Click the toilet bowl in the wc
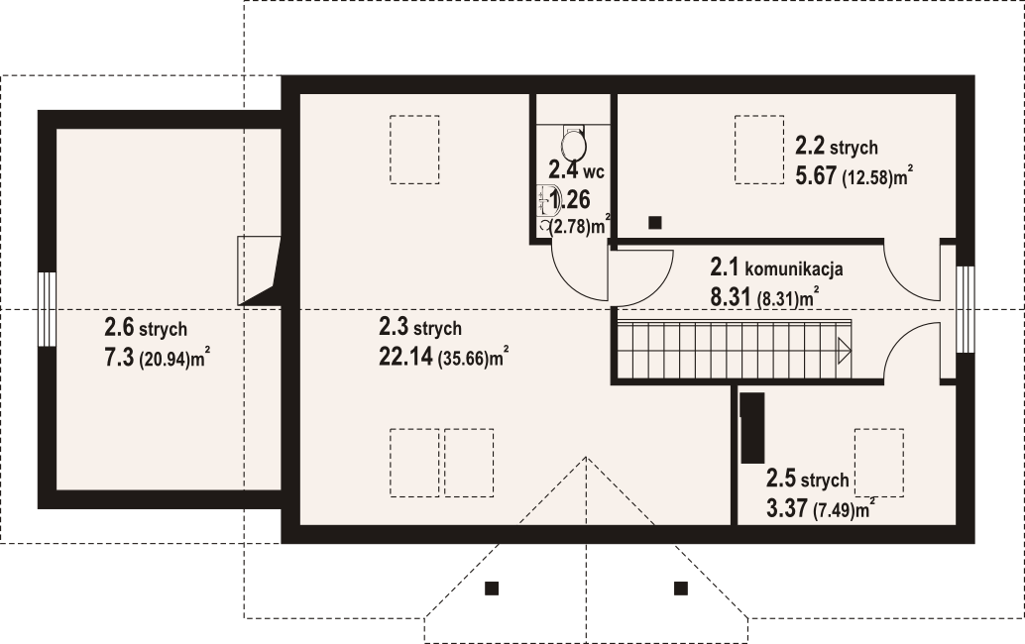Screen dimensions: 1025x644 coord(573,141)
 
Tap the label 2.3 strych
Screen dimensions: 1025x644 coord(420,326)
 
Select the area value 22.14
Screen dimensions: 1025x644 coord(405,357)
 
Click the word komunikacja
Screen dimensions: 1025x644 coord(794,268)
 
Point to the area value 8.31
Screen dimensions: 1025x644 coord(731,297)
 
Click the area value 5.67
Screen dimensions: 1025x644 coord(815,175)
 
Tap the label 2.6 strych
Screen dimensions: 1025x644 coord(146,327)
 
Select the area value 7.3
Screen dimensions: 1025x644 coord(119,358)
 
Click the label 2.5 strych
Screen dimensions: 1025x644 coord(807,480)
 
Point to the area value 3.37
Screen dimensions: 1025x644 coord(786,508)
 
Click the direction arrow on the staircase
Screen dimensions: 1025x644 coord(844,351)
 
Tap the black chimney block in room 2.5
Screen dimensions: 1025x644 coord(751,428)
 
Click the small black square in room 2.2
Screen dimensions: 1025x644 coord(655,223)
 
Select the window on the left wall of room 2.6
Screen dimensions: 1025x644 coord(47,309)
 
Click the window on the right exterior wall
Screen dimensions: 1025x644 coord(966,309)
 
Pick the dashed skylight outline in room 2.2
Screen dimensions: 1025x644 coord(759,150)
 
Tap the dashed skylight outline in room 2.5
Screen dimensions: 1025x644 coord(879,463)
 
